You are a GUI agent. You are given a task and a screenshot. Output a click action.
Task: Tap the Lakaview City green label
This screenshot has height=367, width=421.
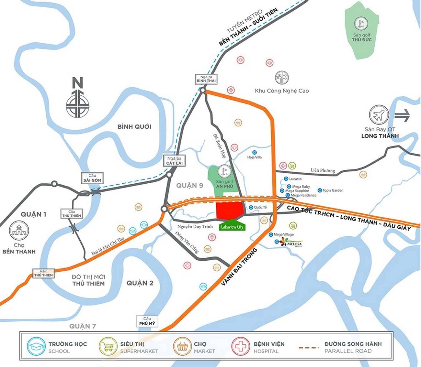232,227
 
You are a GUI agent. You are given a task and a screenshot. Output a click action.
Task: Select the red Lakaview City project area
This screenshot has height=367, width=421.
229,210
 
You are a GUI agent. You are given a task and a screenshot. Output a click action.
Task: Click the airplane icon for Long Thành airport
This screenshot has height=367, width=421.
379,114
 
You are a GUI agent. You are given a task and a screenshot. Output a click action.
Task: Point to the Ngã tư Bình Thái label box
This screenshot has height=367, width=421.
206,79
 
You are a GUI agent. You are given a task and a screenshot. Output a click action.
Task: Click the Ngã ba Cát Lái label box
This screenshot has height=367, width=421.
175,161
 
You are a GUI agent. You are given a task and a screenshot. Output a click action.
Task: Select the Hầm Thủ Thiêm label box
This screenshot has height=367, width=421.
43,273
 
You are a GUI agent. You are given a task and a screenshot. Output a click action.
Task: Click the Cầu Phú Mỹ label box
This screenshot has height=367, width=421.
147,321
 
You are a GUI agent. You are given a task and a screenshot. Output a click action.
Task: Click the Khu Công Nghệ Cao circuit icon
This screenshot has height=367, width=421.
282,78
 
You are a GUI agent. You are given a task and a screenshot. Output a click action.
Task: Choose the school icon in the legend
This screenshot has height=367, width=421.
36,346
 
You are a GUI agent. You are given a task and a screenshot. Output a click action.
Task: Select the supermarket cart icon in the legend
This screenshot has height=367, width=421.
108,346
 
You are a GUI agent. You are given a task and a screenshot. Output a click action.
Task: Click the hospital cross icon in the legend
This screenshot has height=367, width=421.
240,346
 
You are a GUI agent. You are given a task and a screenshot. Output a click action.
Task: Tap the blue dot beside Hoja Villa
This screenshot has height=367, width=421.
254,152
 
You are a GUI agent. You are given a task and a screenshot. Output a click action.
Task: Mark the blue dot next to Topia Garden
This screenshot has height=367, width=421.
320,190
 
